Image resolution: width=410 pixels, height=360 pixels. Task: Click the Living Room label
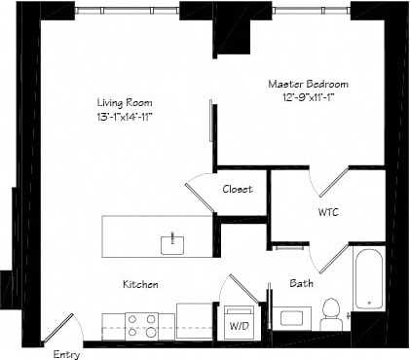click(x=124, y=102)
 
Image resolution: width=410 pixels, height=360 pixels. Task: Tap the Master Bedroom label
click(x=308, y=84)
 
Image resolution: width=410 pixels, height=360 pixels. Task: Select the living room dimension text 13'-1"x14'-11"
click(x=124, y=116)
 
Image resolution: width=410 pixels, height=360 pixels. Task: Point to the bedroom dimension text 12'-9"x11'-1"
click(x=308, y=97)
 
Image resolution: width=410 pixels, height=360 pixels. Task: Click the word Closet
click(x=238, y=189)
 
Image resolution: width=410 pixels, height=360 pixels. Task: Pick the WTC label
click(x=328, y=210)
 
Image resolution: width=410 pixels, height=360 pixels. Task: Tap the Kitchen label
click(x=140, y=284)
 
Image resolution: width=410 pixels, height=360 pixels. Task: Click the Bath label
click(x=301, y=283)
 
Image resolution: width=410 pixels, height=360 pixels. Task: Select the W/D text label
click(x=239, y=327)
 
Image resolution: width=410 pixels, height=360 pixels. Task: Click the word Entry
click(x=66, y=354)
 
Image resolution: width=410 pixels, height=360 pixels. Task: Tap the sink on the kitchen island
click(x=172, y=242)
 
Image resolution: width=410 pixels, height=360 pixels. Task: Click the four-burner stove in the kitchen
click(x=142, y=323)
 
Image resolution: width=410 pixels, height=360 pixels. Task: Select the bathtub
click(x=366, y=279)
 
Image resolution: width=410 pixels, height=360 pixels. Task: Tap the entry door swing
click(x=60, y=327)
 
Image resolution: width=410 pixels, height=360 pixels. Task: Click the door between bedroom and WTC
click(x=330, y=181)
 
